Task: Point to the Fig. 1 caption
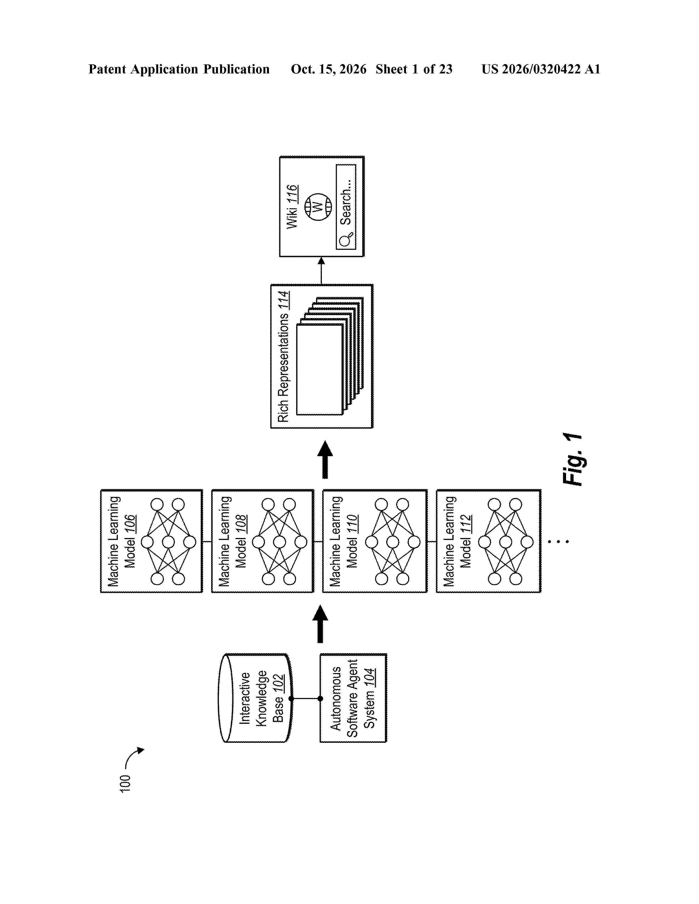[573, 459]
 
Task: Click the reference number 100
[125, 783]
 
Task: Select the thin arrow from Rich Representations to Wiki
[321, 271]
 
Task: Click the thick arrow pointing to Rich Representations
[325, 459]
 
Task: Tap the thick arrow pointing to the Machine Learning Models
[320, 624]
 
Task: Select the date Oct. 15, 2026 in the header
[328, 69]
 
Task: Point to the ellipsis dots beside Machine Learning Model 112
[559, 541]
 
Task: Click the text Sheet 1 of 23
[414, 69]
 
